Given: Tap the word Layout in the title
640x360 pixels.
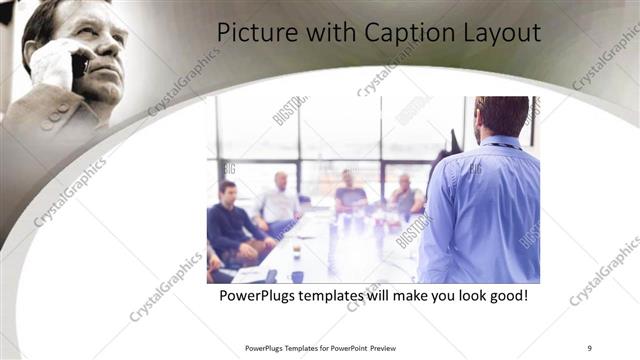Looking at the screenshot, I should point(496,32).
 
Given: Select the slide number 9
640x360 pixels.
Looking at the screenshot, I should point(590,348).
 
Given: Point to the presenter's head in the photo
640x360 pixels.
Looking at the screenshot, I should point(501,116).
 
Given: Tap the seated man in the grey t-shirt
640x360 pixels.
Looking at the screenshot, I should point(349,195).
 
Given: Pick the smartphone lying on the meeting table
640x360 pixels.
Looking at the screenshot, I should point(270,275).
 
